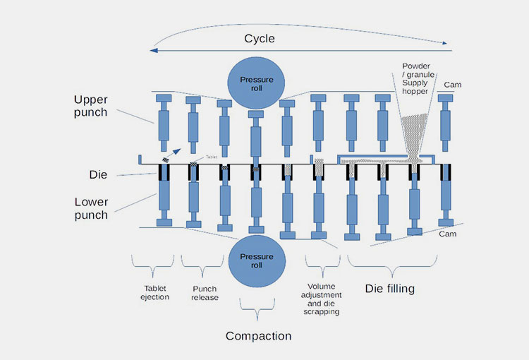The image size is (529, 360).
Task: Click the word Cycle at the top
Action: point(259,39)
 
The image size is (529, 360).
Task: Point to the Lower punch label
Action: point(91,208)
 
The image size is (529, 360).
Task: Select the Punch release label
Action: point(205,292)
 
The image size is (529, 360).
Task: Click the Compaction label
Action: point(258,336)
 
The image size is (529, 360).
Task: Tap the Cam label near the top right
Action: point(453,85)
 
